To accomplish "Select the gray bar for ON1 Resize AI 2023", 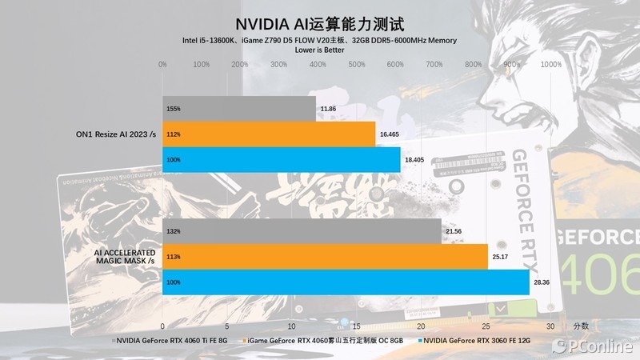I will click(238, 108).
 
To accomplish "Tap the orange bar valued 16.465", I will click(269, 134).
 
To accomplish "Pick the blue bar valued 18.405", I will click(281, 160).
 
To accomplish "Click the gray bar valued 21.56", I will click(302, 230).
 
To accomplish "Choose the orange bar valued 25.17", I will click(325, 257).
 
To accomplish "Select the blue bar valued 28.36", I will click(346, 282).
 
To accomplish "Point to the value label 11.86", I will click(327, 108).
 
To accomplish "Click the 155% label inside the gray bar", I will click(174, 108).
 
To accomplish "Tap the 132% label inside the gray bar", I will click(174, 230).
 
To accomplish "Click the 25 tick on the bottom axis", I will click(486, 326).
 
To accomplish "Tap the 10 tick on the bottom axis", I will click(292, 326).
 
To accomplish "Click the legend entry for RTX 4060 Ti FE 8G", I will click(171, 341).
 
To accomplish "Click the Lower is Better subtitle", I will click(319, 50).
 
